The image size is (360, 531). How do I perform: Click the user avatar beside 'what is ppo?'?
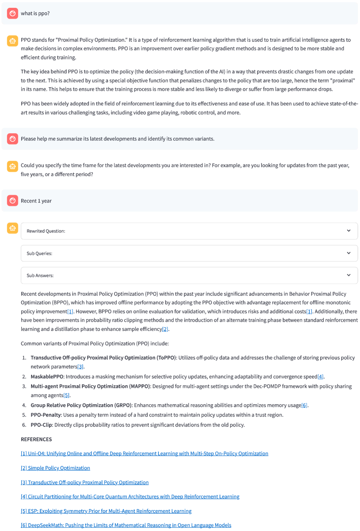(12, 13)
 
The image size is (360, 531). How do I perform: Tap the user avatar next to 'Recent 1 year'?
(12, 201)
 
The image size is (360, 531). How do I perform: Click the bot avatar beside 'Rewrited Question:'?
(12, 228)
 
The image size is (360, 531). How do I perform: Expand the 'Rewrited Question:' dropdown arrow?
(349, 231)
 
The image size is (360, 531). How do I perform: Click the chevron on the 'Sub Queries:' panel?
(349, 253)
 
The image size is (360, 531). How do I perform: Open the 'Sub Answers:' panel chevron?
(349, 275)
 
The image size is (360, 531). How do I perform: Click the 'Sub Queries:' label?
(39, 253)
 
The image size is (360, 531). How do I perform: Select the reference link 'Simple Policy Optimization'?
(56, 468)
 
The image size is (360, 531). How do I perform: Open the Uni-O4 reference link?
(144, 454)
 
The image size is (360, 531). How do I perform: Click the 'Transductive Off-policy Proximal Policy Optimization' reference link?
(85, 482)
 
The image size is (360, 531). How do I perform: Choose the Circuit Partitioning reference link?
(130, 497)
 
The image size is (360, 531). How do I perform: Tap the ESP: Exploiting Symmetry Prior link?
(106, 511)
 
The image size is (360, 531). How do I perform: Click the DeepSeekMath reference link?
(126, 525)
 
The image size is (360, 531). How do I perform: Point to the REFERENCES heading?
(36, 439)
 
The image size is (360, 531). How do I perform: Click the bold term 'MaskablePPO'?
(47, 377)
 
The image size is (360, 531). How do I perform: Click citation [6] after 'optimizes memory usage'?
(304, 405)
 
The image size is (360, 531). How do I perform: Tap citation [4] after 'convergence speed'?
(321, 377)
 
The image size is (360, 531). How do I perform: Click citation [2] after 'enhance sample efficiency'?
(165, 329)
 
